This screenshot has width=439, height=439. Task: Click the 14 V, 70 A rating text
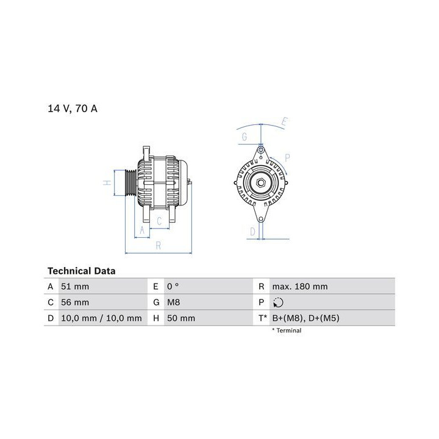click(x=73, y=109)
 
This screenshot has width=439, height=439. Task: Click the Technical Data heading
click(x=82, y=271)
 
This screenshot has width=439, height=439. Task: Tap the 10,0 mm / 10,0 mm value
click(x=101, y=318)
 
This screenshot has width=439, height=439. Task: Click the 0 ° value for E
click(x=173, y=287)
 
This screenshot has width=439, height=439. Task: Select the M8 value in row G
click(x=174, y=302)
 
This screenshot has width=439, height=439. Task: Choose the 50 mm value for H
click(x=181, y=318)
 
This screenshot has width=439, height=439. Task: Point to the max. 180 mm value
click(x=300, y=287)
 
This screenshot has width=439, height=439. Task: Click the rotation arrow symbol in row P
click(x=278, y=302)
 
